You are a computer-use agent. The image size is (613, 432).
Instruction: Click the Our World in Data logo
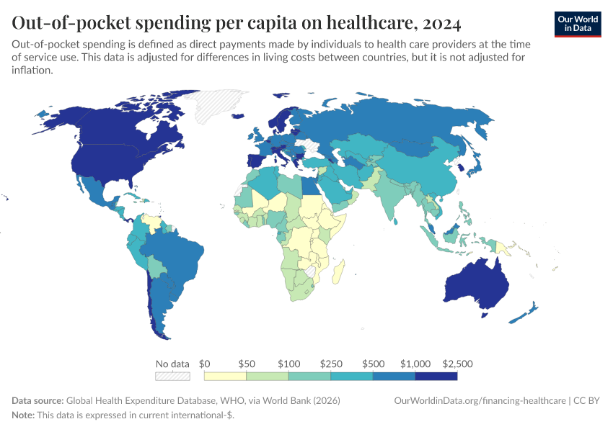click(577, 24)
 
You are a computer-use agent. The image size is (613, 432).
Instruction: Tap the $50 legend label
click(247, 364)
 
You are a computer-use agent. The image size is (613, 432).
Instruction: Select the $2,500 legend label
click(457, 364)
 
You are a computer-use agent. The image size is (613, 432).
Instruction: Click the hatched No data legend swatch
click(172, 376)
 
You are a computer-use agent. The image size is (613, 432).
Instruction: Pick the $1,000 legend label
click(415, 364)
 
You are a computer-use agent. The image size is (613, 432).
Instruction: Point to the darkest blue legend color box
click(436, 376)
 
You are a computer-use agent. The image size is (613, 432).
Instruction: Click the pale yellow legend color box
click(225, 376)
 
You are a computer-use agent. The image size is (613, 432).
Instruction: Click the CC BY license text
click(588, 400)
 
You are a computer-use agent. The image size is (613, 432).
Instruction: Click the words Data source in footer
click(38, 400)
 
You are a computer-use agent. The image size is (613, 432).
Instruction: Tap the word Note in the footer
click(22, 415)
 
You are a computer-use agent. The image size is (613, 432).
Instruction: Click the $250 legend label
click(331, 364)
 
